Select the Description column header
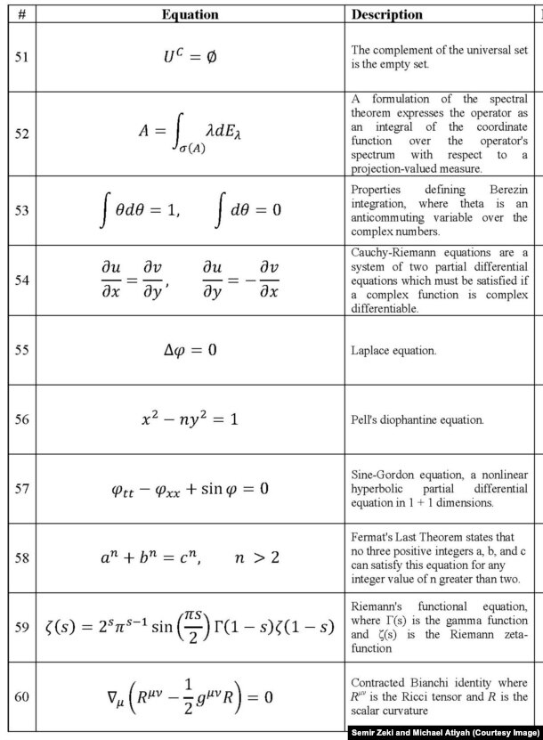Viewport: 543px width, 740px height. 387,14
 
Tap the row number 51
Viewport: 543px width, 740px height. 21,56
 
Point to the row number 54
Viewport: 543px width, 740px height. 21,280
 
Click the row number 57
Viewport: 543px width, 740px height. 21,489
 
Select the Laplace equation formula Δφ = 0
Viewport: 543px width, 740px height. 190,350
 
